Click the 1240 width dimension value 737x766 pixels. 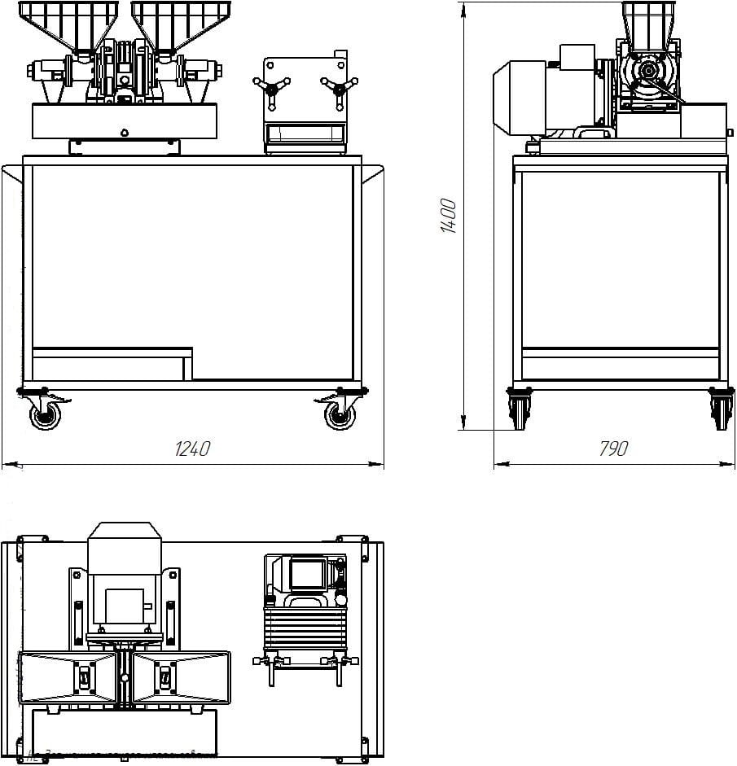pos(194,449)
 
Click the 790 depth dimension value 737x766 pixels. pos(614,449)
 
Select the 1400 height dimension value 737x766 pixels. pos(449,216)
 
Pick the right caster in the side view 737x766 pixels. pos(719,407)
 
